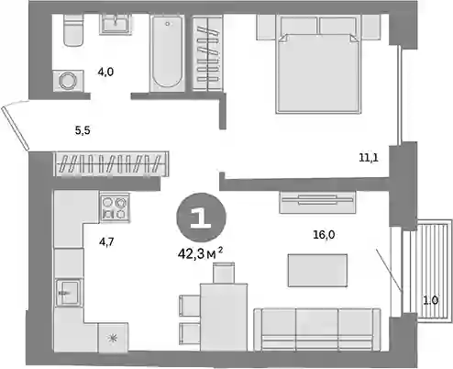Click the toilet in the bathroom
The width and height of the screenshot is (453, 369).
click(x=73, y=30)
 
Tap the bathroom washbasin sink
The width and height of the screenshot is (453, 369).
click(x=116, y=24)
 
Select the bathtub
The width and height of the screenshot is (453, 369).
click(x=167, y=52)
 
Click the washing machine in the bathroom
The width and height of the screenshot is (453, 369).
click(x=68, y=81)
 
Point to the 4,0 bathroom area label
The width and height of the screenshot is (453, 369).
click(x=105, y=72)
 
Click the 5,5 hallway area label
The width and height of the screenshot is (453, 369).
click(x=83, y=130)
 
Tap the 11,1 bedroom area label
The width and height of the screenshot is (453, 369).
click(x=369, y=158)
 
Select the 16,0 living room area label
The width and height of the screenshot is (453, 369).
click(x=324, y=235)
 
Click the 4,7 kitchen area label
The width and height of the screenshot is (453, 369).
click(x=106, y=242)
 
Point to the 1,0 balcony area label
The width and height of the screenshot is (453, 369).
click(x=430, y=300)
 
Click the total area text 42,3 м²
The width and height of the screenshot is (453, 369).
click(x=200, y=253)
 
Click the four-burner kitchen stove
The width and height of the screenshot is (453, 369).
click(x=115, y=207)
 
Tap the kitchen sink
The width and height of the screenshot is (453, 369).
click(x=69, y=293)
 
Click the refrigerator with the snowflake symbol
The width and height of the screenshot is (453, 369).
click(x=113, y=338)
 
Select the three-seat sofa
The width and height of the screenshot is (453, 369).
click(x=317, y=330)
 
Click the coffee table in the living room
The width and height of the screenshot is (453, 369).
click(x=317, y=271)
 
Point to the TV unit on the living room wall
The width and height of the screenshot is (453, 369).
click(x=317, y=202)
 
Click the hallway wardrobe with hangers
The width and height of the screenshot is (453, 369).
click(x=111, y=164)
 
